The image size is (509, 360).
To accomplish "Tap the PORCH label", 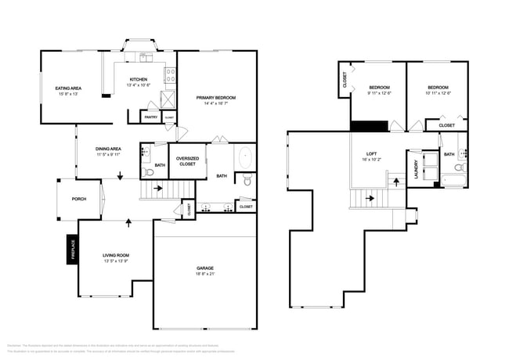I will [78, 199].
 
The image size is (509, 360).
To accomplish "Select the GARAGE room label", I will [204, 268].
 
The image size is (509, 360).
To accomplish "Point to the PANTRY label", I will [151, 117].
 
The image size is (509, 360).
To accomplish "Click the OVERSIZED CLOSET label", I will [187, 160].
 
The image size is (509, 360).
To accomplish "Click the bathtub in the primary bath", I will [246, 157].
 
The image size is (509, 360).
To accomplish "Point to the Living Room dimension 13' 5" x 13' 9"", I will [115, 261].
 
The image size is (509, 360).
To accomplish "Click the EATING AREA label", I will [69, 88].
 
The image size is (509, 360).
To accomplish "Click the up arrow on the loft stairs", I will [396, 181].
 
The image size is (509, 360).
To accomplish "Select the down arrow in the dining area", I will [119, 177].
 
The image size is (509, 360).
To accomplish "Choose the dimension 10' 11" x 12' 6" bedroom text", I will [438, 93].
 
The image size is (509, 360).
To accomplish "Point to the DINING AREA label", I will [108, 149].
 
